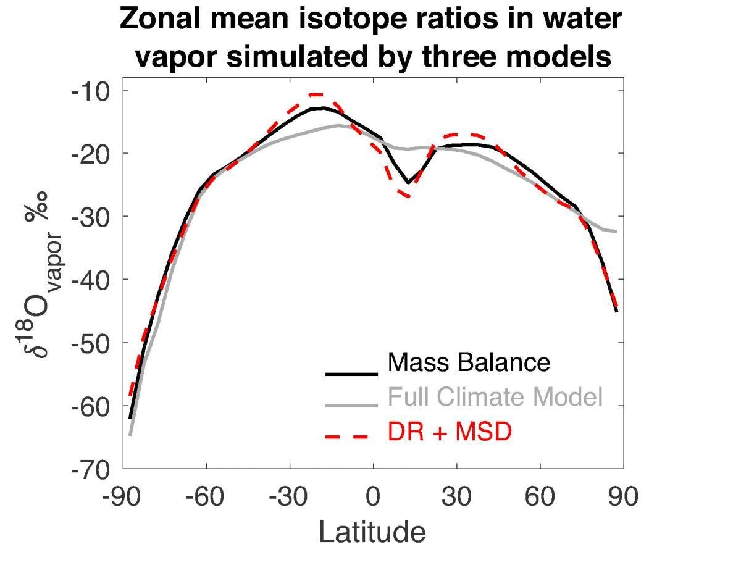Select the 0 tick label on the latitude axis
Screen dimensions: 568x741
374,497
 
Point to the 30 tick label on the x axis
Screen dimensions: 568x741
457,497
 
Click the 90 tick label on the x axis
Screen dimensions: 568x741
622,497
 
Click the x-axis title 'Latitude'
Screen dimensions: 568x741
372,532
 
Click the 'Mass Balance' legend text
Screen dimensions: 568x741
468,362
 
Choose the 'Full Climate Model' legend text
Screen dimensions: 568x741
495,397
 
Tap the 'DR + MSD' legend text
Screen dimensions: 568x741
450,432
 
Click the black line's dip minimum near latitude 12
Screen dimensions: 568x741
408,183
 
